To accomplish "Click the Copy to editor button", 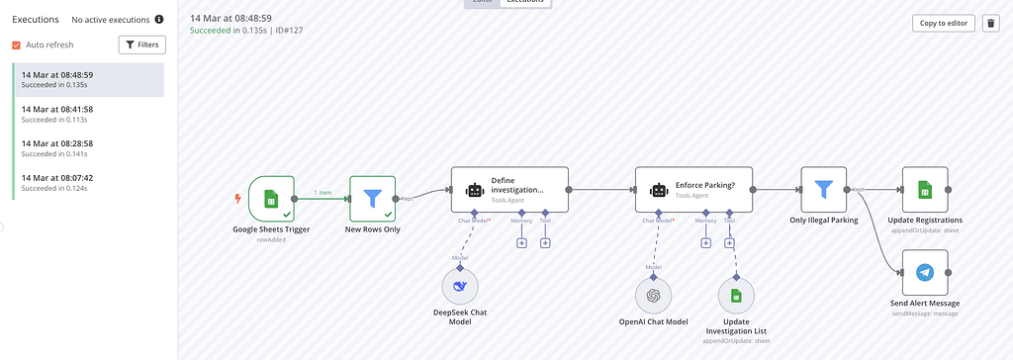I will pos(943,24).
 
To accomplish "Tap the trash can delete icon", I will pos(990,24).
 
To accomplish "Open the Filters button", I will pos(142,45).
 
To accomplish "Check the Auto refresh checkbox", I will pos(17,45).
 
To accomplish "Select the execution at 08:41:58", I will pos(88,114).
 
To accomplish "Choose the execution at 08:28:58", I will pos(88,147).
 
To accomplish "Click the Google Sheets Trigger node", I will pos(271,199).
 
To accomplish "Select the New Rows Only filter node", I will pos(372,199).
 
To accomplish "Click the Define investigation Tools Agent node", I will pos(509,189).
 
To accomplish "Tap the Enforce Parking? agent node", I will pos(693,189).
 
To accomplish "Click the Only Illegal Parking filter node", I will pos(823,189).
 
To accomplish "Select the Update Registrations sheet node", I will pos(925,189).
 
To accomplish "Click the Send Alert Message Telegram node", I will pos(925,272).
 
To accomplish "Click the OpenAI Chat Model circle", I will pos(653,295).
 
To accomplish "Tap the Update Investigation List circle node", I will pos(735,295).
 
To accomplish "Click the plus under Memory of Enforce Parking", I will pos(705,242).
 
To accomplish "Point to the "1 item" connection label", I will pos(322,193).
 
